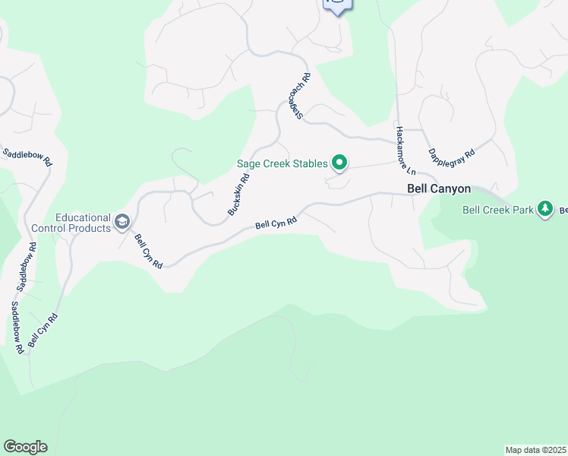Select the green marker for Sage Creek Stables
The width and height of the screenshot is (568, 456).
click(x=340, y=162)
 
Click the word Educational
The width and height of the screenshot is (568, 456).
click(x=83, y=217)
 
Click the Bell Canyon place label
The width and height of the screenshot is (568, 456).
click(x=439, y=189)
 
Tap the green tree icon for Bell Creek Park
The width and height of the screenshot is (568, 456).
click(x=544, y=208)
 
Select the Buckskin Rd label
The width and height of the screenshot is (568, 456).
click(x=238, y=196)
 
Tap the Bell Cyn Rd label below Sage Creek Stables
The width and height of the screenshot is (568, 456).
click(x=275, y=223)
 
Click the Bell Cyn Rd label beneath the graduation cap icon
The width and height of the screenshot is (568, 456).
click(x=148, y=251)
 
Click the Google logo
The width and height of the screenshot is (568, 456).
click(x=25, y=447)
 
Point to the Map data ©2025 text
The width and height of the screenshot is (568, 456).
click(x=536, y=450)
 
